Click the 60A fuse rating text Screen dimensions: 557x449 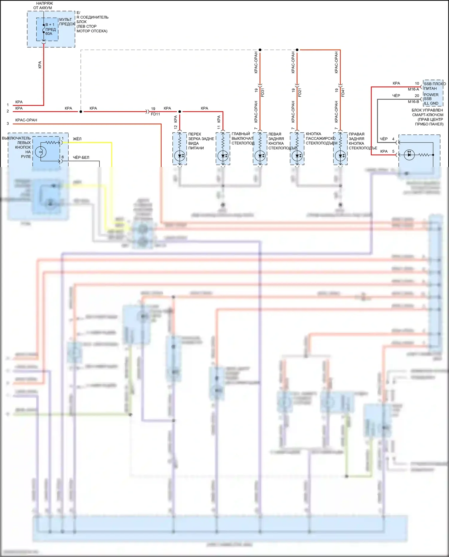point(49,34)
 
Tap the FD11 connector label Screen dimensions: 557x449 point(155,114)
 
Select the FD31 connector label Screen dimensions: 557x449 point(263,92)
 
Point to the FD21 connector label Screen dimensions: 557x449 point(300,92)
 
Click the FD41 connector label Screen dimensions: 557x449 point(343,92)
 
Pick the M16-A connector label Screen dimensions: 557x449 point(413,89)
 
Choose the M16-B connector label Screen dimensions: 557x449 point(413,102)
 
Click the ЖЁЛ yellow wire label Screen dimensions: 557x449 point(77,139)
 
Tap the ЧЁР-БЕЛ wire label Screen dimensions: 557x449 point(81,157)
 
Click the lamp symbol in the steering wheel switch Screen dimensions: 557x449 point(41,152)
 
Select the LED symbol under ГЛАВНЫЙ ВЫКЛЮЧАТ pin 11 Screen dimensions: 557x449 point(223,156)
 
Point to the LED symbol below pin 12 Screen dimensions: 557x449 point(180,156)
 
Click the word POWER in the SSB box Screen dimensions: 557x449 point(431,95)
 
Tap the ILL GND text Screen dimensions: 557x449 point(431,104)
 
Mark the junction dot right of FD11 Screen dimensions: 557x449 point(180,112)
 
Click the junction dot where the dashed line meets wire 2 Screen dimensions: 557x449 point(81,112)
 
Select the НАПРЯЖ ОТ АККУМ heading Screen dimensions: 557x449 point(43,5)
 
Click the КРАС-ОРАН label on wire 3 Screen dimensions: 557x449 point(26,120)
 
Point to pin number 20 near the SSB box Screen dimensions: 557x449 point(417,96)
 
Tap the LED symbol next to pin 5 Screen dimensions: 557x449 point(409,155)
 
